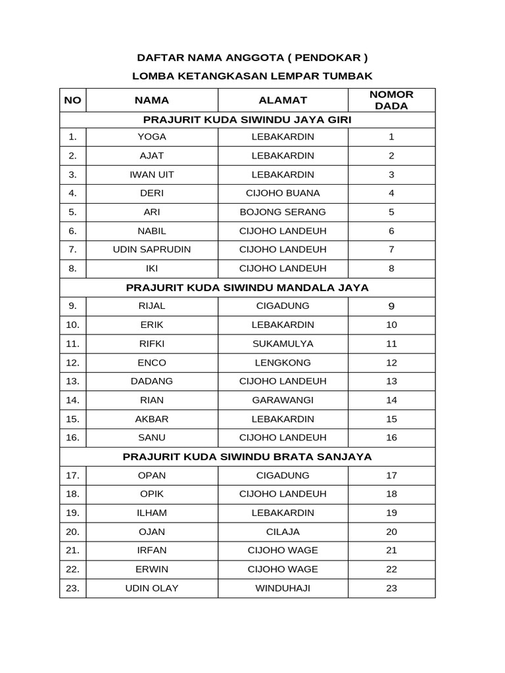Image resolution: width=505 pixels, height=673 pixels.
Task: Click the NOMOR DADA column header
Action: coord(391,100)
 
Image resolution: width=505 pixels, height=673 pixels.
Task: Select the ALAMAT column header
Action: coord(283,100)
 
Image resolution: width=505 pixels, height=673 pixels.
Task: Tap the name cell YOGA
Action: coord(152,137)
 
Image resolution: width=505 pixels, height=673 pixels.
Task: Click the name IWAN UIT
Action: coord(152,174)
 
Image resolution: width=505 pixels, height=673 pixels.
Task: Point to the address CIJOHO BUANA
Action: coord(283,193)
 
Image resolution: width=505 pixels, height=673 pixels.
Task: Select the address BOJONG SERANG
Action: coord(283,212)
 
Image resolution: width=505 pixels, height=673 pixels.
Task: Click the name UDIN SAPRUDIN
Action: coord(152,250)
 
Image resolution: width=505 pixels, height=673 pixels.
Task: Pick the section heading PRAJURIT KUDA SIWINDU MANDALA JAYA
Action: coord(247,287)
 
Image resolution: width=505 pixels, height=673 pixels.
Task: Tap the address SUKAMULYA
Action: coord(283,344)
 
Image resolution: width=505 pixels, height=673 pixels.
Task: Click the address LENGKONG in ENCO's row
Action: coord(283,363)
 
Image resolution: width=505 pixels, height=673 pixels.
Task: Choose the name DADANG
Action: coord(152,381)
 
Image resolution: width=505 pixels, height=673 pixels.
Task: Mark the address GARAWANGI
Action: coord(283,400)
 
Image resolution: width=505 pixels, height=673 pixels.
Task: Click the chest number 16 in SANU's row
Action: coord(391,437)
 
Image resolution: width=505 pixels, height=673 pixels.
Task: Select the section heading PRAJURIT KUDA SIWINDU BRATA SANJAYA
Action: coord(247,456)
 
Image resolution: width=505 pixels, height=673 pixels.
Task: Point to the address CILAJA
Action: coord(283,532)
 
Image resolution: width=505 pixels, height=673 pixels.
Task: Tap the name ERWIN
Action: coord(152,569)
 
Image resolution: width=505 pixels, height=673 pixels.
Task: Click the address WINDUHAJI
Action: coord(283,588)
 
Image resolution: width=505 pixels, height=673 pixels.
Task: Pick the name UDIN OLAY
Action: coord(152,588)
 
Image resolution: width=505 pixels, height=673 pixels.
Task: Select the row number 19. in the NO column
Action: coord(72,513)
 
